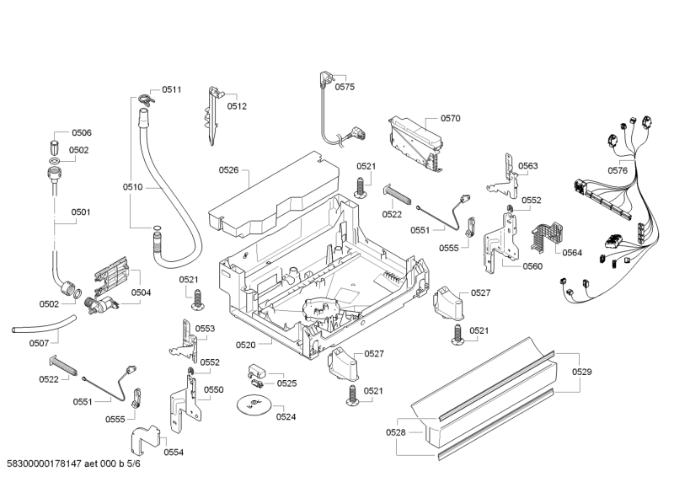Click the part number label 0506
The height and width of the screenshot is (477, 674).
tap(82, 133)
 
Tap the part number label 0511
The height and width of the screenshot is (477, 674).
tap(172, 89)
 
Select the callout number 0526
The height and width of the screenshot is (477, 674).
tap(229, 170)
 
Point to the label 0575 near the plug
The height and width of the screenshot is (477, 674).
tap(345, 87)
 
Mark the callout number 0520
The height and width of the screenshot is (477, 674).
tap(245, 345)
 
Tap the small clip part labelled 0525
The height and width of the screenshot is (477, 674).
tap(258, 371)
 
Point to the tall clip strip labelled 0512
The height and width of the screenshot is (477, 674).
tap(211, 116)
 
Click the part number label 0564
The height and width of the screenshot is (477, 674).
tap(572, 253)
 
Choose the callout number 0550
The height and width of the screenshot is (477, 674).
tap(214, 390)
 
